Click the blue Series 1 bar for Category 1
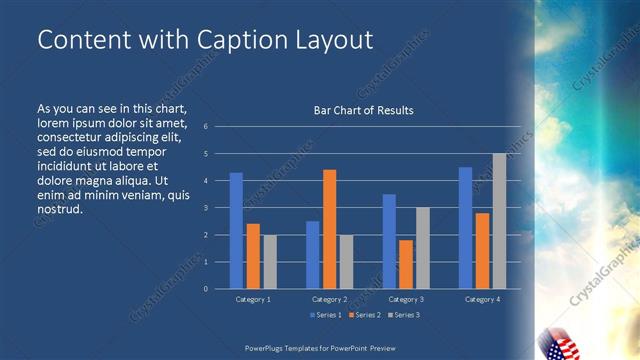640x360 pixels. click(x=236, y=231)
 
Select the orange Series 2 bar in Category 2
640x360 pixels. click(x=329, y=229)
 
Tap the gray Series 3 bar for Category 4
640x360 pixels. click(x=499, y=221)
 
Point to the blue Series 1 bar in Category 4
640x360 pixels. click(x=465, y=228)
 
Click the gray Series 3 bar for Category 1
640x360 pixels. click(x=270, y=262)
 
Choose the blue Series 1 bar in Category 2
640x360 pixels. click(x=312, y=255)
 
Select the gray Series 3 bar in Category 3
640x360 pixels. click(x=423, y=248)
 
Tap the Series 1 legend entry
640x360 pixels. click(x=324, y=315)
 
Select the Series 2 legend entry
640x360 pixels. click(x=364, y=315)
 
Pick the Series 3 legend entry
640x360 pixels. click(x=404, y=315)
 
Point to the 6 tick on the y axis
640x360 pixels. click(x=205, y=127)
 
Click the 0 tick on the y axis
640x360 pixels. click(x=205, y=289)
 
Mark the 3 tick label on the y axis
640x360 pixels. click(x=205, y=208)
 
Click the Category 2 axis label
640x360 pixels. click(x=329, y=299)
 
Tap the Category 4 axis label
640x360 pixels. click(x=482, y=299)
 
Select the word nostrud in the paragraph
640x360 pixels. click(x=59, y=210)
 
